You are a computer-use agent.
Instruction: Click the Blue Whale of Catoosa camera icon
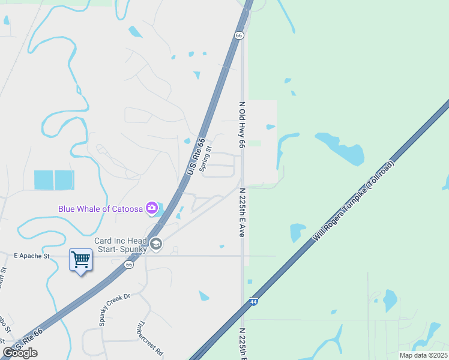pos(151,208)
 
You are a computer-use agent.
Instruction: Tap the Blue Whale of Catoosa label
pos(100,209)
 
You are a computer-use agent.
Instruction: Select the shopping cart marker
pos(80,260)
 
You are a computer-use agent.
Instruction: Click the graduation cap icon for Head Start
pos(156,244)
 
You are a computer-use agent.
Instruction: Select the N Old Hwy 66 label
pos(242,125)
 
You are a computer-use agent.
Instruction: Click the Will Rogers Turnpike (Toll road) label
pos(354,202)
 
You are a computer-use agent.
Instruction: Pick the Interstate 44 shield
pos(255,302)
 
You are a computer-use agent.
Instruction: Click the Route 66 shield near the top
pos(239,35)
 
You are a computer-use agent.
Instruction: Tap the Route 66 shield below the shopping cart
pos(129,264)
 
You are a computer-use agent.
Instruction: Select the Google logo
pos(20,352)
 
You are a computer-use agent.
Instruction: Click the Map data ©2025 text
pos(423,355)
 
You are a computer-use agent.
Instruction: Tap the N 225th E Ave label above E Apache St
pos(242,213)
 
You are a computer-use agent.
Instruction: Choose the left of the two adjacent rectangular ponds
pos(44,180)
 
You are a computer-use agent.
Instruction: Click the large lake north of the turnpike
pos(342,148)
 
